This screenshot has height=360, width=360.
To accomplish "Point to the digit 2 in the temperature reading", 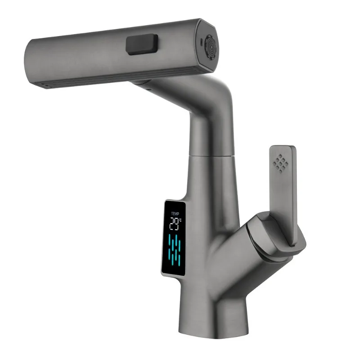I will (x=171, y=224).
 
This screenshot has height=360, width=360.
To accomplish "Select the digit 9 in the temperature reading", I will (x=177, y=224).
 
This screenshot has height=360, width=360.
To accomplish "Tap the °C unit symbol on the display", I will (x=181, y=220).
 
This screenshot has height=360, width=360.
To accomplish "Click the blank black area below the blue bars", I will (x=174, y=269).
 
